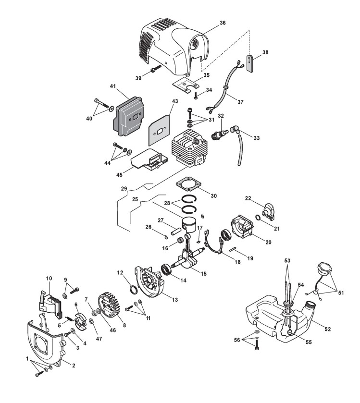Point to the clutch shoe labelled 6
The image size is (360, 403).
tap(82, 320)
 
